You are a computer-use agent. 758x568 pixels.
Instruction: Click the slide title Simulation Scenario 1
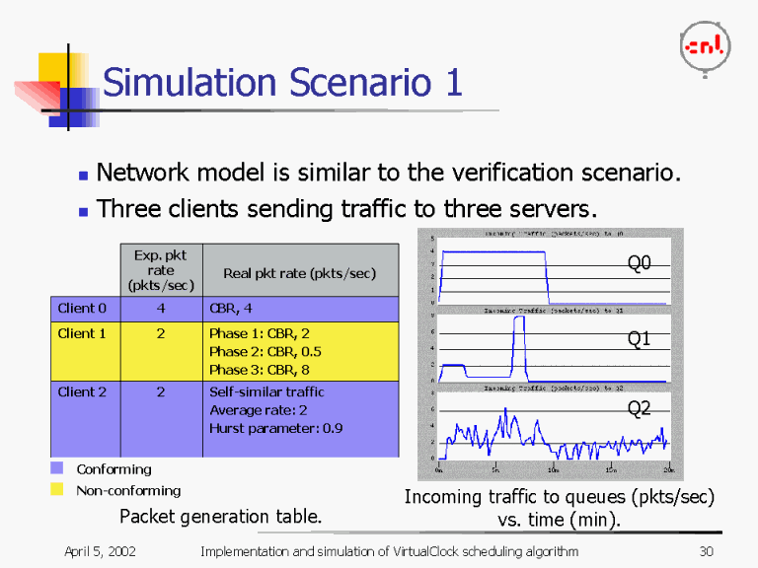[282, 83]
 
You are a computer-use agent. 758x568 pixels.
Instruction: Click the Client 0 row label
[82, 309]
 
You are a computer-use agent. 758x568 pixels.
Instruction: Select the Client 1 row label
[82, 333]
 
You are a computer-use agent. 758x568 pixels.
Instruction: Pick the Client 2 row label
[82, 391]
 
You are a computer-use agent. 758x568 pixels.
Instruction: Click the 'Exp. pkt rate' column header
[161, 269]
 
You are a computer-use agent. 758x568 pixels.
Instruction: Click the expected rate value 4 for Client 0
[161, 309]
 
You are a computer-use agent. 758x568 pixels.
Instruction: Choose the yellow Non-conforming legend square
[57, 490]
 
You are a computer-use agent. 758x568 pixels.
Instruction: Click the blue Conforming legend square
[57, 469]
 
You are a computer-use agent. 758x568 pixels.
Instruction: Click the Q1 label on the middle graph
[640, 339]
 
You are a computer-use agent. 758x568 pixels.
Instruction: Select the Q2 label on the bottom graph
[640, 408]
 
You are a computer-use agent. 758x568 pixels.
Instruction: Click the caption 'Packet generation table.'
[220, 516]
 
